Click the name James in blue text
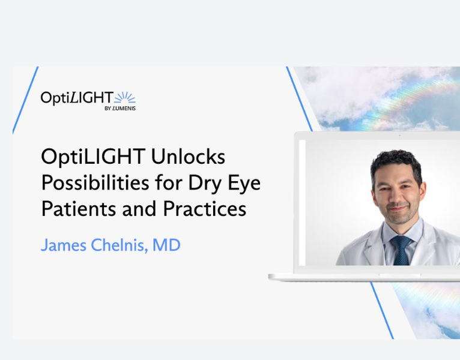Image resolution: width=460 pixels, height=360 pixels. click(64, 245)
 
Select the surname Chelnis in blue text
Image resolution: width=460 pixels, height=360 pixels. click(120, 245)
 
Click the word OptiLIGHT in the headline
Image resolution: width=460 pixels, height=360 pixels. click(91, 157)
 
